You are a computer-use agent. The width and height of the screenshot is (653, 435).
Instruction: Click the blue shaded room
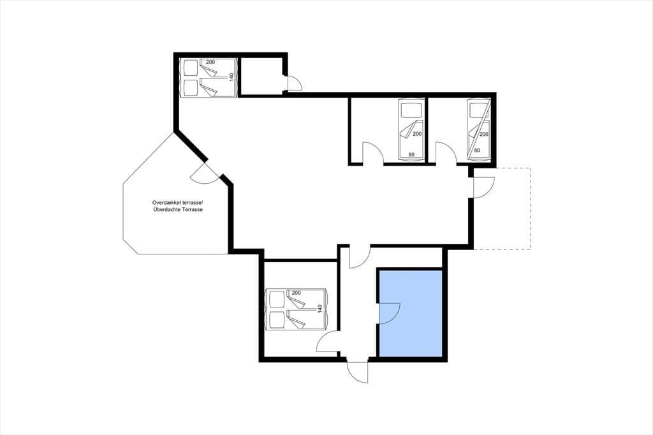pyautogui.click(x=411, y=313)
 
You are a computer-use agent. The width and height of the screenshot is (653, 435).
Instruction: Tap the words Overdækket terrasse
pyautogui.click(x=177, y=202)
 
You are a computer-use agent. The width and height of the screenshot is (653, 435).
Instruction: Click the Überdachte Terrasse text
pyautogui.click(x=177, y=210)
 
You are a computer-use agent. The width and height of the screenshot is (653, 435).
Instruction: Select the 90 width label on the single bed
pyautogui.click(x=411, y=154)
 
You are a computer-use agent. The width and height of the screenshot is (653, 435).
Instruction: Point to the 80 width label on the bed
pyautogui.click(x=477, y=151)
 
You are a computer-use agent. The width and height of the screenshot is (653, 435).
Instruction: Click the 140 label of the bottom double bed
pyautogui.click(x=320, y=309)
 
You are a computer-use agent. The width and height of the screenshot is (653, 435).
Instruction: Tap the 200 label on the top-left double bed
pyautogui.click(x=210, y=62)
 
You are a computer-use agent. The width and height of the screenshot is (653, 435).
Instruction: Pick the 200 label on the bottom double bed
pyautogui.click(x=296, y=293)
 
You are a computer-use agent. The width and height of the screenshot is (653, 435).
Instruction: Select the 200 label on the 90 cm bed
pyautogui.click(x=417, y=134)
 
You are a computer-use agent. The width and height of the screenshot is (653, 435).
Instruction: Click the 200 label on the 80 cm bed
pyautogui.click(x=483, y=134)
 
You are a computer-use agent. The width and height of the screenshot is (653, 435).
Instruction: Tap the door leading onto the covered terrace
pyautogui.click(x=205, y=174)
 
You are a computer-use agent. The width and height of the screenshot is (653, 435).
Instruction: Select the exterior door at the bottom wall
pyautogui.click(x=358, y=371)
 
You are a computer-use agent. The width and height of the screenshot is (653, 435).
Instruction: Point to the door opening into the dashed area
pyautogui.click(x=484, y=187)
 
